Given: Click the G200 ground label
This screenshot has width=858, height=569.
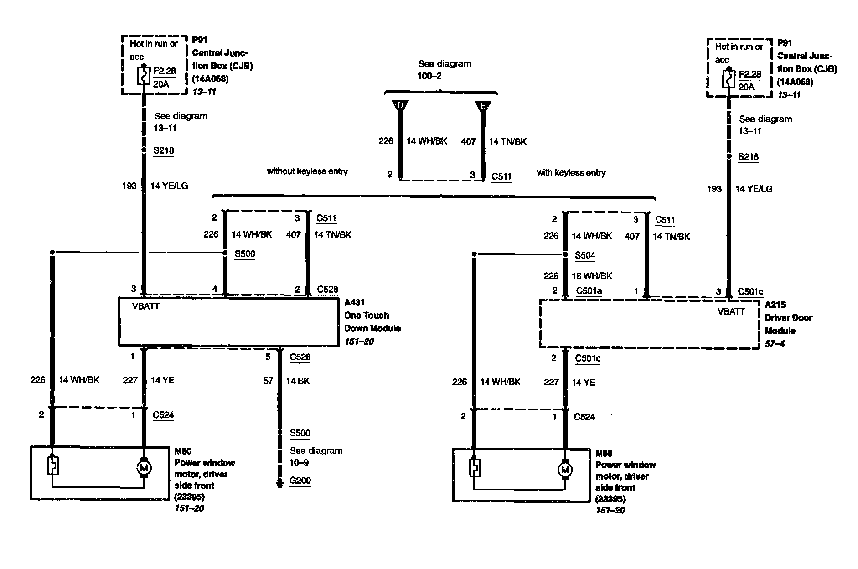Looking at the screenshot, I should coord(300,481).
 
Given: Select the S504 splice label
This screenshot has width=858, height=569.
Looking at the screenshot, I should coord(585,255).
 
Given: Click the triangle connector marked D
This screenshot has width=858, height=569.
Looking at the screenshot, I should coord(400,106).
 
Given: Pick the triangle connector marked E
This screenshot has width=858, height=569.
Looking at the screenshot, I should coord(483,106).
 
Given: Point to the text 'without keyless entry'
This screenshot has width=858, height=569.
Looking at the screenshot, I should coord(307,171).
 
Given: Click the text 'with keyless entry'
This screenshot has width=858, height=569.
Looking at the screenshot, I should coord(571,173).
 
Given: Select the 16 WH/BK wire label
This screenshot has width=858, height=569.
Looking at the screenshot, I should coord(592,276).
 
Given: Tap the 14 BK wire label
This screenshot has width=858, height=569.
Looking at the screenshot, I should coord(298,381).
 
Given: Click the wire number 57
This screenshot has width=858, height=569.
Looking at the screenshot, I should coord(268,381).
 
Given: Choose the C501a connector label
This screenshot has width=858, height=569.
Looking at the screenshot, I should coord(589,291).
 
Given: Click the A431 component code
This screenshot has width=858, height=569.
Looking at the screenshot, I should coord(354,302).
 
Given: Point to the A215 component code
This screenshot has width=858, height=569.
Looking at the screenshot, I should coord(775,305).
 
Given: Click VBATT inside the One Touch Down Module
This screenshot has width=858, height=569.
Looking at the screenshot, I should coord(146,306).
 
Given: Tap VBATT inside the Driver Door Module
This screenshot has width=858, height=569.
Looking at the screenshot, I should coord(731,311).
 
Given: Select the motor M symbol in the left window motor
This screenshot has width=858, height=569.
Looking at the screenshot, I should coord(144,468).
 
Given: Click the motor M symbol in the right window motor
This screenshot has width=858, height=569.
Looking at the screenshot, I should coord(565,470).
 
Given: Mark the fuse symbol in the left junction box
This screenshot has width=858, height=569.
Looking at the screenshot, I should coord(144,76).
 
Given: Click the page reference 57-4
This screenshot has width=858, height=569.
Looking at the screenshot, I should coord(775,343).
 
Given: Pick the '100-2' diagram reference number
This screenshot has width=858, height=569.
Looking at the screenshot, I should coord(429,76).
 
